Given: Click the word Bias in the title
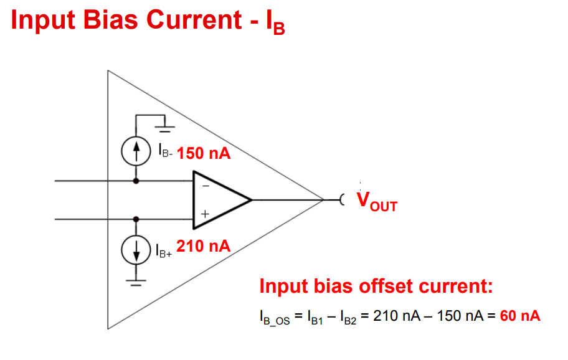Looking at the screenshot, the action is (x=110, y=19).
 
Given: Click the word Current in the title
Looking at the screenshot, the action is (x=194, y=19).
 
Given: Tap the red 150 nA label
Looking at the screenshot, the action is (x=204, y=153).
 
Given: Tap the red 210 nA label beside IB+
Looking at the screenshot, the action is (x=204, y=246).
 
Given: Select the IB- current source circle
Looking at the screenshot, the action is (x=136, y=151).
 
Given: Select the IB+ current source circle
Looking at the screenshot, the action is (x=136, y=250).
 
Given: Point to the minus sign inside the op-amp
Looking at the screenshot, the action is (x=206, y=186).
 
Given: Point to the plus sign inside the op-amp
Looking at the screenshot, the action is (x=205, y=214).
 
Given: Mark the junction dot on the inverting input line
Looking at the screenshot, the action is (x=136, y=181).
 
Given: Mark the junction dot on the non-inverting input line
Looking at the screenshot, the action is (x=136, y=219).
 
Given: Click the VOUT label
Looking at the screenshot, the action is (x=377, y=201).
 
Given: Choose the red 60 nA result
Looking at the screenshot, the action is (x=520, y=316).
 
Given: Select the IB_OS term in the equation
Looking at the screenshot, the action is (x=275, y=317).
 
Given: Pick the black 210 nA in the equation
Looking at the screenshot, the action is (x=397, y=316).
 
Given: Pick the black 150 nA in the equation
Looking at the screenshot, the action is (x=460, y=316).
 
